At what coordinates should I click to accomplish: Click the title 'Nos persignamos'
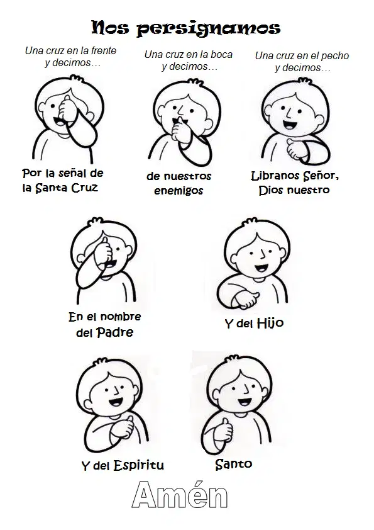(185, 28)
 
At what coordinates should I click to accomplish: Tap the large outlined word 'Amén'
(180, 495)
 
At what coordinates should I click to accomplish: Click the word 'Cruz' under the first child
(84, 188)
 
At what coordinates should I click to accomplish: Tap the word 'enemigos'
(179, 191)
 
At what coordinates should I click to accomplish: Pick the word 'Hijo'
(270, 323)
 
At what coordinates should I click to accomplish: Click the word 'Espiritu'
(139, 465)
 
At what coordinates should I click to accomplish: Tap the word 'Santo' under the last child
(234, 464)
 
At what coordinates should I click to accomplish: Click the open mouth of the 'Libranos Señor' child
(289, 125)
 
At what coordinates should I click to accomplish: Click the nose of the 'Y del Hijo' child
(262, 254)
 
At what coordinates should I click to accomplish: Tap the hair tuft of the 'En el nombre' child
(94, 221)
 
